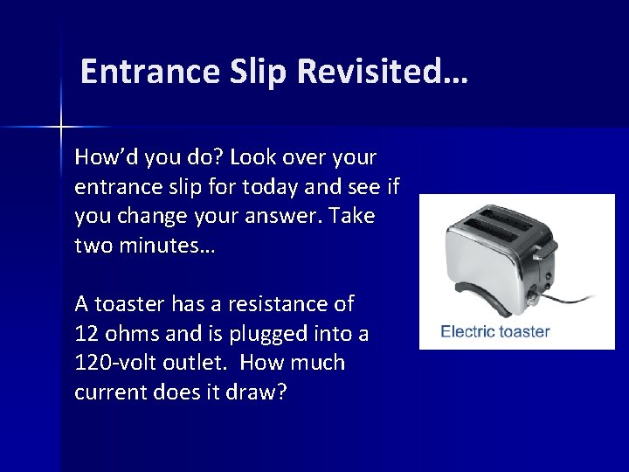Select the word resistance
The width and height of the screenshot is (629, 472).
point(269,304)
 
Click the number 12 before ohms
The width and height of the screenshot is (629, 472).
point(88,333)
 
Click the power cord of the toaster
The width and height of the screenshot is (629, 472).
point(568,296)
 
